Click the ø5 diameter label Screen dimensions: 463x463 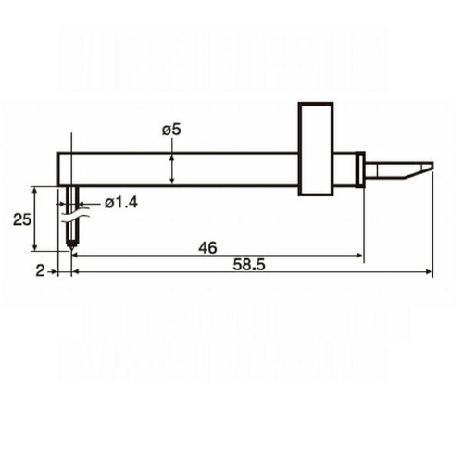click(171, 130)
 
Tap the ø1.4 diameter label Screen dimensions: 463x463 click(121, 203)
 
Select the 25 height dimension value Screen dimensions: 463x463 click(22, 219)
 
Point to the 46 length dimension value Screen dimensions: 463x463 click(207, 247)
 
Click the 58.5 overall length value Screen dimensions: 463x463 click(249, 265)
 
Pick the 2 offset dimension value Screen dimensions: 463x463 click(40, 271)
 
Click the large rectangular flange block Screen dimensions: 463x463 click(316, 149)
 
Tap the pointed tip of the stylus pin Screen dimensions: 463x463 click(71, 249)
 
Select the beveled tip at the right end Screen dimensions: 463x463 click(419, 170)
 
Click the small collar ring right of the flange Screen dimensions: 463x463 click(360, 169)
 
